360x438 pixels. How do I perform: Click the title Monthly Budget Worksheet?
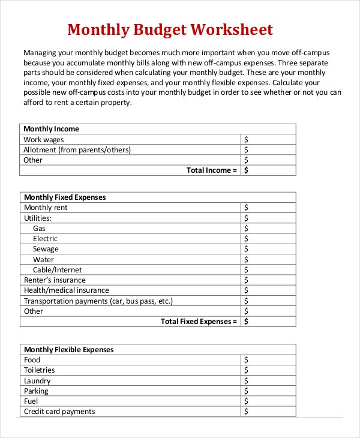click(170, 29)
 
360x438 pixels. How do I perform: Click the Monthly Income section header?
click(51, 129)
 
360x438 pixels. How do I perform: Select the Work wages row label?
click(44, 139)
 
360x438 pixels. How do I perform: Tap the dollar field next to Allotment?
click(269, 150)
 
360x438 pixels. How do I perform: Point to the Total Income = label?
click(212, 170)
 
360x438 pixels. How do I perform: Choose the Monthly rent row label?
click(46, 208)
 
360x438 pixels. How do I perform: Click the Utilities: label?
click(37, 218)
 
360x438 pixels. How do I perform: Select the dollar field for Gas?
click(269, 229)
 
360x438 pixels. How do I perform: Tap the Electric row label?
click(45, 239)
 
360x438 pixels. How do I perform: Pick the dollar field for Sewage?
click(269, 249)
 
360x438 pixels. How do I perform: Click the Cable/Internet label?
click(58, 270)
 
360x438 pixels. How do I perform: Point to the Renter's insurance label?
click(55, 280)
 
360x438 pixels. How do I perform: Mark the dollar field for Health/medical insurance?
click(269, 290)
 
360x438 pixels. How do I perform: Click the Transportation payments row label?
click(102, 301)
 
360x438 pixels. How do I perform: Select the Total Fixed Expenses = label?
click(199, 322)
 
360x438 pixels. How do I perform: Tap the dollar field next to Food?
click(269, 360)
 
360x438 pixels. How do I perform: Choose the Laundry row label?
click(37, 381)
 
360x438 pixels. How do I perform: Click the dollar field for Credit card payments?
click(269, 412)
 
